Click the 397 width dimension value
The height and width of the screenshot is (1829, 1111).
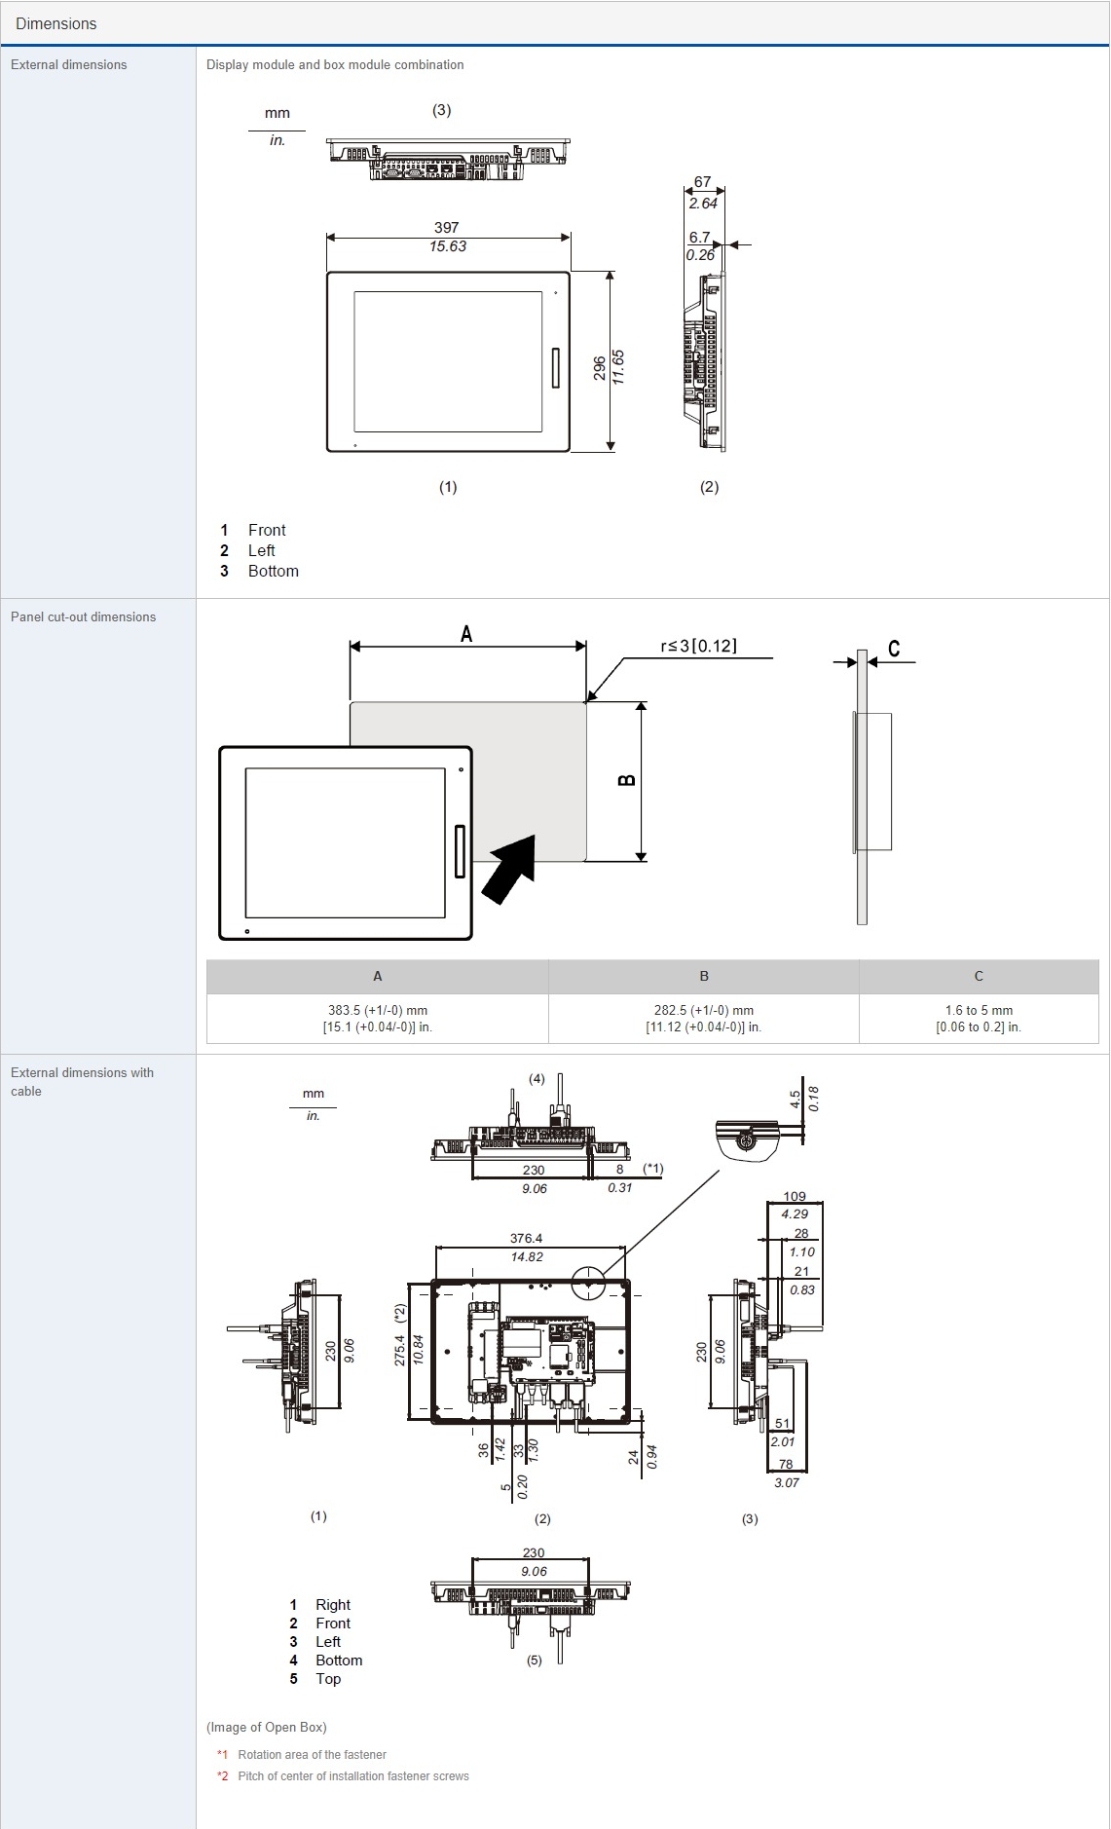[x=446, y=228]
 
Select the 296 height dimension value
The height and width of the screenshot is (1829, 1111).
[x=600, y=368]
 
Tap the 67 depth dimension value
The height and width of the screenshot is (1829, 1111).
[x=702, y=182]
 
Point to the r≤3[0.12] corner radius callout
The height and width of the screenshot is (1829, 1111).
[x=698, y=646]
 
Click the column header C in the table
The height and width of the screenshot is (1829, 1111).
[x=979, y=976]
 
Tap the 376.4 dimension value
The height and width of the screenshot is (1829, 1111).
[x=526, y=1239]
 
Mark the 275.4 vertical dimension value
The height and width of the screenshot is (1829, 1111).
[x=400, y=1349]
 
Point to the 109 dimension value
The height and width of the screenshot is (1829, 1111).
[x=795, y=1196]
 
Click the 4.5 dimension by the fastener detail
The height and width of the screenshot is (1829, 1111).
[x=796, y=1099]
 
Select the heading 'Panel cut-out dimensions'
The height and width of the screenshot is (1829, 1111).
[x=83, y=616]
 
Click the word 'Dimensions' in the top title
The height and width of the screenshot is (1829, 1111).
[x=56, y=23]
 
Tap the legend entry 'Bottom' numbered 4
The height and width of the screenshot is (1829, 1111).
[x=339, y=1661]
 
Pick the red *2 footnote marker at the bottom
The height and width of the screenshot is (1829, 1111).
[x=222, y=1776]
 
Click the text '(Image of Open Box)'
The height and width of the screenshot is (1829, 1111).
[x=267, y=1728]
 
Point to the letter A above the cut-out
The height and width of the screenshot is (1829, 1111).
[x=466, y=634]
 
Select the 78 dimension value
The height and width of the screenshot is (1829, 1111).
[x=786, y=1464]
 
